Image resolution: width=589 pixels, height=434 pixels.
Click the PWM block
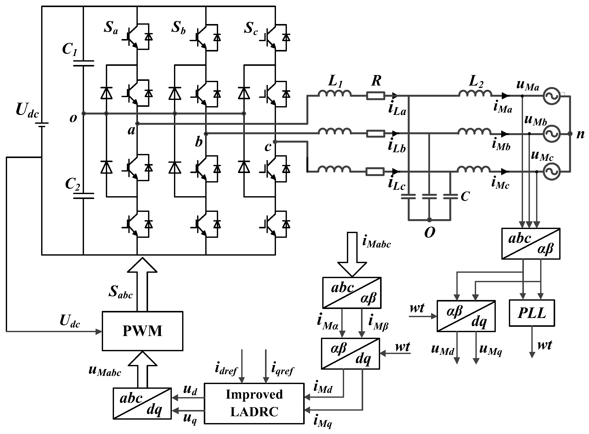click(142, 331)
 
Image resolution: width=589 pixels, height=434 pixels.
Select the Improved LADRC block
click(254, 403)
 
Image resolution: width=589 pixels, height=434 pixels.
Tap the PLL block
click(532, 313)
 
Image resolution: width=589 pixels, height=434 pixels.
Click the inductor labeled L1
click(334, 93)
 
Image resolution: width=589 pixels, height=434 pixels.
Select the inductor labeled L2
click(475, 93)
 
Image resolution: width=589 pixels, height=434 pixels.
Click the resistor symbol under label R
click(376, 96)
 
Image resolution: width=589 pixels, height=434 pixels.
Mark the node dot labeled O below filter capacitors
click(429, 220)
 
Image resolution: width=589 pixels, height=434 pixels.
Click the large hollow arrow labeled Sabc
click(142, 284)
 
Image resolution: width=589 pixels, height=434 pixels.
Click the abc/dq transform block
click(142, 404)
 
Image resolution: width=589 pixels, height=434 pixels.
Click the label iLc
click(396, 184)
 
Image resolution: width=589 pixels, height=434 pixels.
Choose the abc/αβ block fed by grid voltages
click(531, 244)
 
